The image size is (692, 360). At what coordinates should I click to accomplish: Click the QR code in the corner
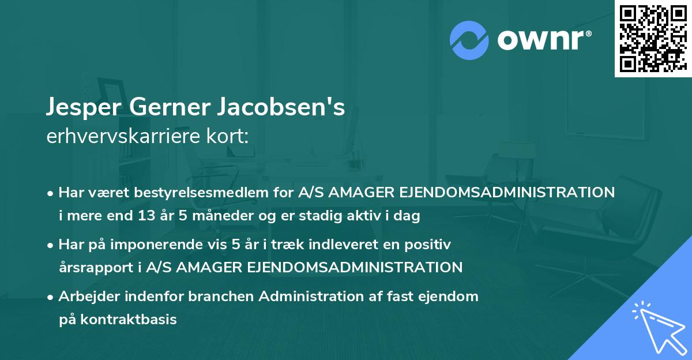[653, 39]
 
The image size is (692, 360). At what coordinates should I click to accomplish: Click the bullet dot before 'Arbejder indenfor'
[51, 297]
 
